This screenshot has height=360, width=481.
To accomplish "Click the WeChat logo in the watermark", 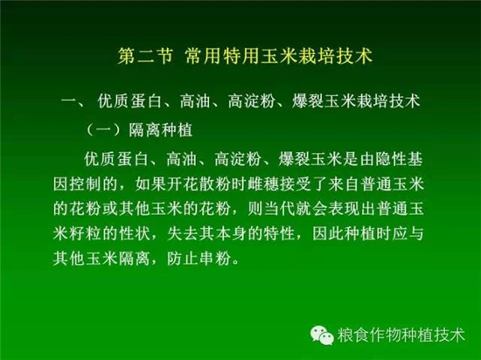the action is pyautogui.click(x=322, y=335).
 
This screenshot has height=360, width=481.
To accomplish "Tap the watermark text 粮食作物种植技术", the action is pyautogui.click(x=401, y=335).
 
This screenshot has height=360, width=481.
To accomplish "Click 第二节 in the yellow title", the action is pyautogui.click(x=145, y=56).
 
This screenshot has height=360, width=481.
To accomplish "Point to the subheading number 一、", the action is pyautogui.click(x=73, y=101).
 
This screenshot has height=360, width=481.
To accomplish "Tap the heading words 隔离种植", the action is pyautogui.click(x=161, y=130).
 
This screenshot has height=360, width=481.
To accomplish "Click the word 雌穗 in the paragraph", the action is pyautogui.click(x=263, y=184).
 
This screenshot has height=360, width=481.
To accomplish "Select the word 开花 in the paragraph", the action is pyautogui.click(x=184, y=184).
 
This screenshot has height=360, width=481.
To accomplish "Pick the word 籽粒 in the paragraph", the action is pyautogui.click(x=85, y=234).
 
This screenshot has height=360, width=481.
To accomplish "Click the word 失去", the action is pyautogui.click(x=183, y=234).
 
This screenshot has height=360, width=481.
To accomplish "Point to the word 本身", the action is pyautogui.click(x=231, y=234).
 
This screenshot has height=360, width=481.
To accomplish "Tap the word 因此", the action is pyautogui.click(x=328, y=234).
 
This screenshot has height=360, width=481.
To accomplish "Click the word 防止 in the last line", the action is pyautogui.click(x=183, y=259).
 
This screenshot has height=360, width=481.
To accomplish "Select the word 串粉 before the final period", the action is pyautogui.click(x=215, y=259).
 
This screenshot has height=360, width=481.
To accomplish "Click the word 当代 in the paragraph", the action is pyautogui.click(x=279, y=209).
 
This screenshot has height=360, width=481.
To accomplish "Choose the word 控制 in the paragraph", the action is pyautogui.click(x=85, y=184).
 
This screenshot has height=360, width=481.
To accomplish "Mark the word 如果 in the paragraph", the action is pyautogui.click(x=151, y=184).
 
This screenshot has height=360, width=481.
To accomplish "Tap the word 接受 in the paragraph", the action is pyautogui.click(x=296, y=184).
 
